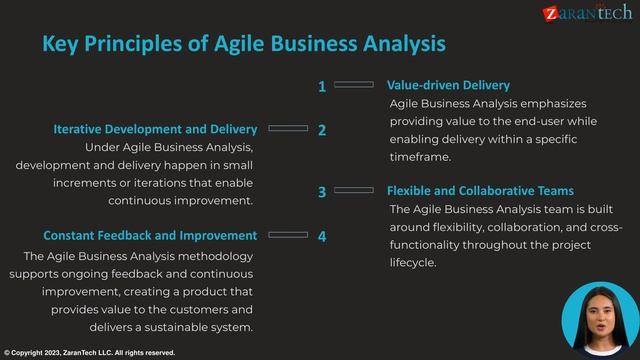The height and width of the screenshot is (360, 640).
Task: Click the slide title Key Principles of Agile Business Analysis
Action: [243, 44]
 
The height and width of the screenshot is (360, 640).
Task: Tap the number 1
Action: [322, 86]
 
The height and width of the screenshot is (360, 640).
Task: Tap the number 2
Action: [322, 130]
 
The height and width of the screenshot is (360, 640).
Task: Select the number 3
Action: [322, 192]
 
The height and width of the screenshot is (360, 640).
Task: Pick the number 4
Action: [322, 236]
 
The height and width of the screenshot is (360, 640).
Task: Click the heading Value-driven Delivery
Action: [448, 85]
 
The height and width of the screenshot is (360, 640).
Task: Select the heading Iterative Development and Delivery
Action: [155, 129]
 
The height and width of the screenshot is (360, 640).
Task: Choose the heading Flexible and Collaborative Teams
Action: [480, 190]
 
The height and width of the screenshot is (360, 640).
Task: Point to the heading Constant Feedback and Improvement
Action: [150, 235]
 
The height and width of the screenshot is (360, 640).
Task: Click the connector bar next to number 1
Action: [353, 85]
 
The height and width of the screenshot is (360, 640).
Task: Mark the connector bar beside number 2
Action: [289, 129]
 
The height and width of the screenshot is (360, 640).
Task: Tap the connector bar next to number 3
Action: [353, 190]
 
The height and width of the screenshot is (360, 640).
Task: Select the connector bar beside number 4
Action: [289, 235]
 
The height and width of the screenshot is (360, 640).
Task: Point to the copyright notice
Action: [90, 353]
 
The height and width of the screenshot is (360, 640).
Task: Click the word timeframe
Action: [420, 157]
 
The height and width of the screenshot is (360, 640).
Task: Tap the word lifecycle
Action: [412, 263]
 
